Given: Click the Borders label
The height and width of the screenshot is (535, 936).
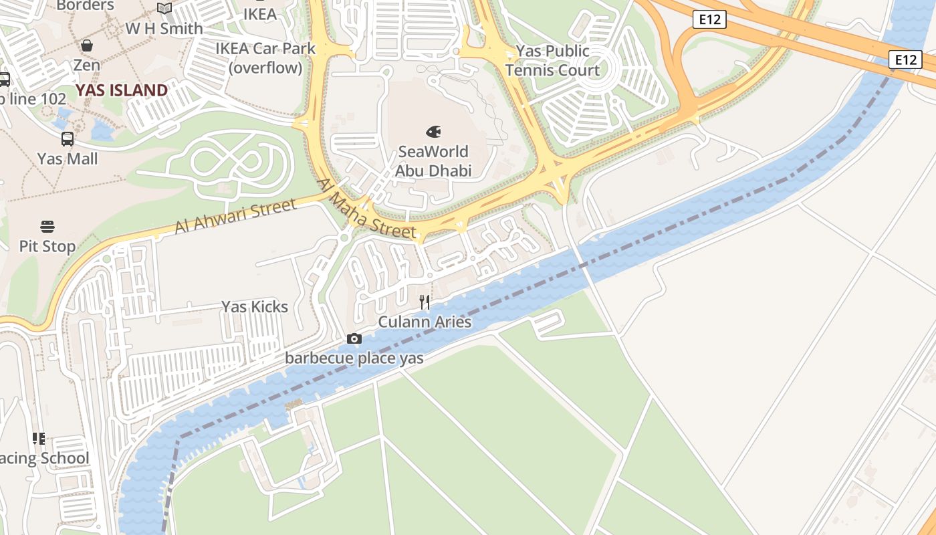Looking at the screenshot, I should (85, 5).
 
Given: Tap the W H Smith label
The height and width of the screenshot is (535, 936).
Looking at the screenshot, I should (164, 29).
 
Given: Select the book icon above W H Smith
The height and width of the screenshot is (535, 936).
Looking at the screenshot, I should (164, 8).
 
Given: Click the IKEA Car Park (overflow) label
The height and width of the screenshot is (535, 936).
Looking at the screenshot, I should (265, 58).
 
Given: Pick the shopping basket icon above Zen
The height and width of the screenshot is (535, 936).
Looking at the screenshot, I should (87, 45).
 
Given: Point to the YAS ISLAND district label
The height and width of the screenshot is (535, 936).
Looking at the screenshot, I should (121, 90).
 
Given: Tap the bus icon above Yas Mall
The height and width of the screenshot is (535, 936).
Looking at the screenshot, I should (68, 139).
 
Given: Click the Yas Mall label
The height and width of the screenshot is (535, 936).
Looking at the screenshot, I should (68, 158).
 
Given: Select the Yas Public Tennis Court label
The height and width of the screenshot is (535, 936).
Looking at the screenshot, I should (552, 60).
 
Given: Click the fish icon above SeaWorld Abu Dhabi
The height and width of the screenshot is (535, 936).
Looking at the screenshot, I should (433, 132).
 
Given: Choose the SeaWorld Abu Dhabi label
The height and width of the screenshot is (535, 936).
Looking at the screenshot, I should (433, 161).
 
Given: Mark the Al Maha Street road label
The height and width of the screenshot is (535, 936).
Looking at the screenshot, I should (366, 209).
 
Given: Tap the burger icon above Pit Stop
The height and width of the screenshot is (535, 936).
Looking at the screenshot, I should (47, 226).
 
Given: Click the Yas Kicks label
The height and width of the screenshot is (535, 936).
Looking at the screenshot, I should (255, 307).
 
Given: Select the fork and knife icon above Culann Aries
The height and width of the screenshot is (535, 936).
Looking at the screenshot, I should (425, 302).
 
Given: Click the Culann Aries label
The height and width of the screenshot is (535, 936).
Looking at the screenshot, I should (425, 322).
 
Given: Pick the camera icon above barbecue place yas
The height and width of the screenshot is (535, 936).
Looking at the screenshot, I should (354, 339).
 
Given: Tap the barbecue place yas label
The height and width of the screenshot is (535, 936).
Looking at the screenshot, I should (354, 358).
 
